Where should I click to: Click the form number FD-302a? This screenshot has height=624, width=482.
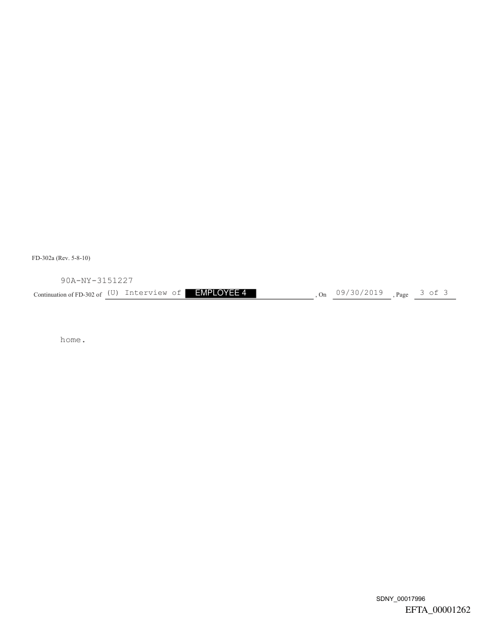tap(43, 258)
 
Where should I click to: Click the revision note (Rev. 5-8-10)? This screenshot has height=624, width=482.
tap(73, 258)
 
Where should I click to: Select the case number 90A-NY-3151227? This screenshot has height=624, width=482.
tap(97, 281)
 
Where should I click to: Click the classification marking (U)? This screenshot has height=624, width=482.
tap(113, 293)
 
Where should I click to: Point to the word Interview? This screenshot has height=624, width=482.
tap(146, 293)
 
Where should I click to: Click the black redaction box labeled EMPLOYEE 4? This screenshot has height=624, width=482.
tap(221, 293)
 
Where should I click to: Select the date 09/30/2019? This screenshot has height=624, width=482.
tap(360, 293)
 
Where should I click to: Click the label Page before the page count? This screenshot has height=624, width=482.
tap(402, 295)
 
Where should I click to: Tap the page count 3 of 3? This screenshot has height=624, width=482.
tap(434, 293)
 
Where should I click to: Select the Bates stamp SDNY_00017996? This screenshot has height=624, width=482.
tap(400, 599)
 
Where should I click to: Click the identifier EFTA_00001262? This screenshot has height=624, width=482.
tap(438, 610)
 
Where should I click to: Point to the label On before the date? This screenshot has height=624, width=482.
tap(323, 295)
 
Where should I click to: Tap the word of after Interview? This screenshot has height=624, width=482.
tap(177, 293)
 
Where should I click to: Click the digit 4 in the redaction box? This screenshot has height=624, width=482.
tap(243, 293)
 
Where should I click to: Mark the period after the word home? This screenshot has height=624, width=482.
tap(83, 342)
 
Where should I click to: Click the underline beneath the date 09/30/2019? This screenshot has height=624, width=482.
tap(362, 299)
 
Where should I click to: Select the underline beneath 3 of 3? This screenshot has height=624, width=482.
tap(435, 299)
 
